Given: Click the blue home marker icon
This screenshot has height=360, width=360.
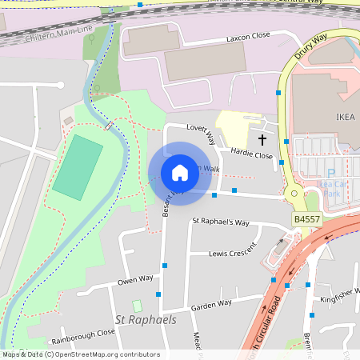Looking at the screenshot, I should coord(180,172).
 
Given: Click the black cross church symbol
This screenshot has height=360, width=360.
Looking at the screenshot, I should coord(262,140).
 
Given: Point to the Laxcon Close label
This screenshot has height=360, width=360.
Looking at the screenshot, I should coord(249,37).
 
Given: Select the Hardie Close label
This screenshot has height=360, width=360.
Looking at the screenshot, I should coord(251,154).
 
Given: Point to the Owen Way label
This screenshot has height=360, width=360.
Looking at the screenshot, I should coord(135,280).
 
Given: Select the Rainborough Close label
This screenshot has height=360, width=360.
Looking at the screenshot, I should coord(83,334).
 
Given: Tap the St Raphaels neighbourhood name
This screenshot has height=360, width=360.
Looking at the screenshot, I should coord(146,319).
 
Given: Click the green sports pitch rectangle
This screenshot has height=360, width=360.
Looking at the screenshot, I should coord(78,167).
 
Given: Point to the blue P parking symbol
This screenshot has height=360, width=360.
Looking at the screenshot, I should coord(330,174).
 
